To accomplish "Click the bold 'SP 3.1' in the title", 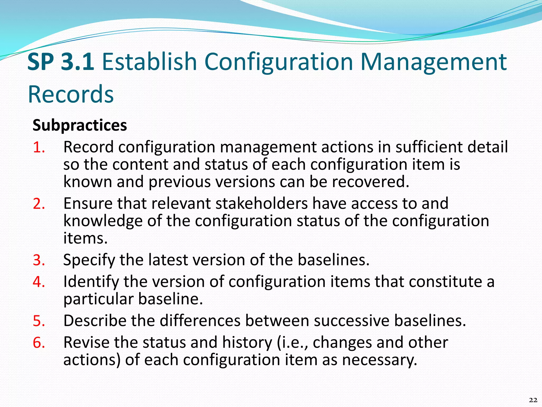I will [x=61, y=62].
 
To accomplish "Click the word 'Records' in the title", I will [x=71, y=94].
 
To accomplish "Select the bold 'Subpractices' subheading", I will [x=80, y=125].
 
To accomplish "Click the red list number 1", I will [x=39, y=147].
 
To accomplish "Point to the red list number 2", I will [x=39, y=204].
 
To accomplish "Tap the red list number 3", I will [x=39, y=260].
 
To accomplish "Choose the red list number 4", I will [x=39, y=282].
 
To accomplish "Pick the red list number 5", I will [x=39, y=321].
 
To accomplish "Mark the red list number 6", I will [x=39, y=342].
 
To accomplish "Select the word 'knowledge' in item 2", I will [x=103, y=221].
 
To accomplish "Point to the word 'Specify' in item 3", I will [x=89, y=260].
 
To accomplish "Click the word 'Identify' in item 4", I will [x=91, y=282].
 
